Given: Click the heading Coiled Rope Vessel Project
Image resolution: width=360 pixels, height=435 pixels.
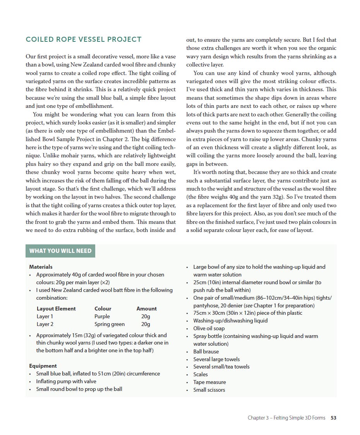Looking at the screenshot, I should click(83, 39).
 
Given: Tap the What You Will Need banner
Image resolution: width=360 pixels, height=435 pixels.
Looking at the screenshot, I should click(60, 251).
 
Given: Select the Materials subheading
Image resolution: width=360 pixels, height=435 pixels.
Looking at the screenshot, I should click(41, 267).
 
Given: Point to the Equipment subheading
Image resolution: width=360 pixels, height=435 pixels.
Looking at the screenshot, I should click(43, 366).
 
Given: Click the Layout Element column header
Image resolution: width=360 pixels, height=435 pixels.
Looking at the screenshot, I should click(56, 309).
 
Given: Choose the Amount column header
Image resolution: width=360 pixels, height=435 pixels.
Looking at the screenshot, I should click(146, 309).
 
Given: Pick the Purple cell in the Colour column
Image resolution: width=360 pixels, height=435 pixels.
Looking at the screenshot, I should click(102, 316).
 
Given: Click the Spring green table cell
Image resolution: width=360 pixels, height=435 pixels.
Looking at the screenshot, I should click(110, 324).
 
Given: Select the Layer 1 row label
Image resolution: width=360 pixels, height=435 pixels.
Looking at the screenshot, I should click(45, 316).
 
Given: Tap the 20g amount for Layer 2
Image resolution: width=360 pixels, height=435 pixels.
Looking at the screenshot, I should click(146, 324).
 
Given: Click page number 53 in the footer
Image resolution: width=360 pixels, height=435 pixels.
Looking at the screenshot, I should click(333, 418).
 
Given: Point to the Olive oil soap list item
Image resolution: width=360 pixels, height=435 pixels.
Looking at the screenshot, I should click(209, 328).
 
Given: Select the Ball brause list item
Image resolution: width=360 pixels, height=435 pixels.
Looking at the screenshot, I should click(206, 351).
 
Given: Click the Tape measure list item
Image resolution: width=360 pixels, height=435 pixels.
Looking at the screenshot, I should click(209, 382).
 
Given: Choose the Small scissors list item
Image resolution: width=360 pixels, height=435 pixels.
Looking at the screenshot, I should click(209, 390).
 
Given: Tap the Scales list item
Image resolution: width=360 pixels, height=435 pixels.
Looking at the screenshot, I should click(201, 374).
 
